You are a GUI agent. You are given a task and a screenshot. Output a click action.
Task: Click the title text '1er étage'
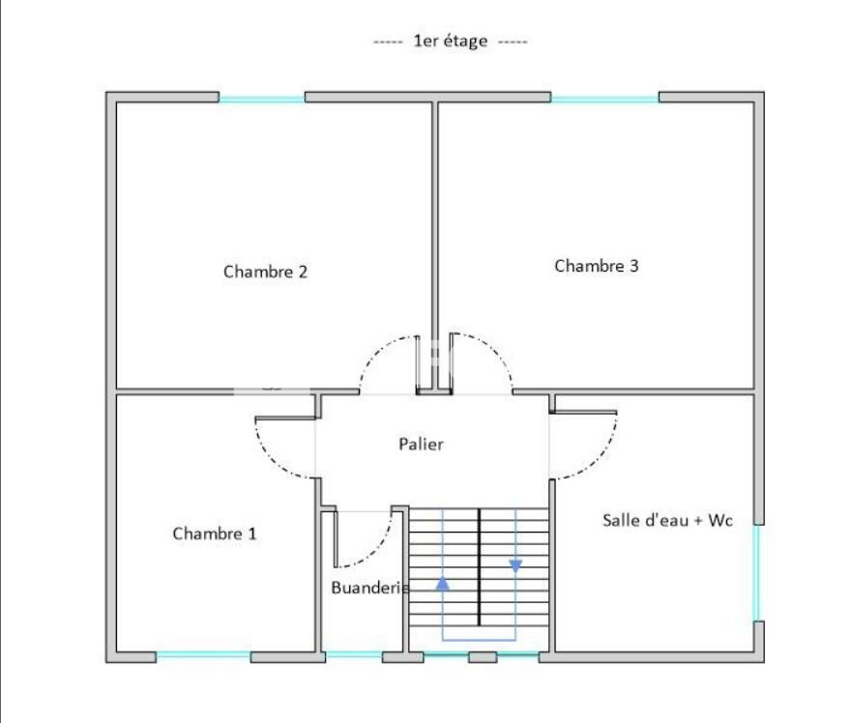click(x=450, y=42)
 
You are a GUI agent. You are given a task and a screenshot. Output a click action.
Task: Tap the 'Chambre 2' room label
click(x=265, y=272)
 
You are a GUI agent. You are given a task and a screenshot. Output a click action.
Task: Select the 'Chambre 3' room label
click(x=596, y=266)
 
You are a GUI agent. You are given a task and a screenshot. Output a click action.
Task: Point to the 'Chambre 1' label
click(x=215, y=533)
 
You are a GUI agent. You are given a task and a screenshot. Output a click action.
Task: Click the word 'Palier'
click(x=421, y=445)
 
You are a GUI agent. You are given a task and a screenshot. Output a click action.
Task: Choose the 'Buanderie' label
click(x=369, y=588)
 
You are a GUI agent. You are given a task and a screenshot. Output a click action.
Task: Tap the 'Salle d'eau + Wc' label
click(x=667, y=520)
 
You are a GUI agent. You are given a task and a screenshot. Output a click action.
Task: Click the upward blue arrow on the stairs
click(x=443, y=584)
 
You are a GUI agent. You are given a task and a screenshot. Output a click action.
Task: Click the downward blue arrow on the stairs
click(x=515, y=564)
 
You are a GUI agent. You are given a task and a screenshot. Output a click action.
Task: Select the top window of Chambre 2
click(x=261, y=98)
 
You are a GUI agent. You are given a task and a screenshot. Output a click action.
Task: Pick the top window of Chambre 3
click(x=604, y=98)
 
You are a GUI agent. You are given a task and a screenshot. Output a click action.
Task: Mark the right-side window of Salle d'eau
click(x=758, y=572)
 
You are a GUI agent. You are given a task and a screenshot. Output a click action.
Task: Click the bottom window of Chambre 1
click(x=203, y=656)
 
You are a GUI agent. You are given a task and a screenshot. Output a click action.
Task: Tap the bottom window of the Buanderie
click(x=353, y=656)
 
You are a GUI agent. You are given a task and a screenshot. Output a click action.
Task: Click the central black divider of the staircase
click(x=480, y=565)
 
